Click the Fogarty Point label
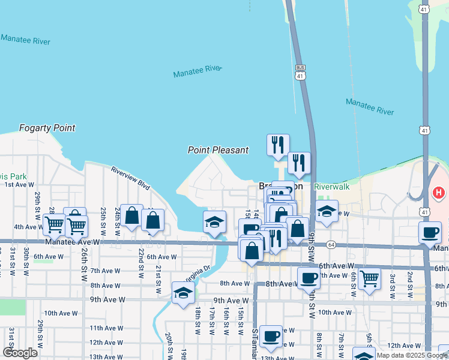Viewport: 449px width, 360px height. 47,128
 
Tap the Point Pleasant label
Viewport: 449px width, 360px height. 218,150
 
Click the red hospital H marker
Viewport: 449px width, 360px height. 439,193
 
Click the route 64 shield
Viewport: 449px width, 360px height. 330,245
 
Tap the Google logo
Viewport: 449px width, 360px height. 20,353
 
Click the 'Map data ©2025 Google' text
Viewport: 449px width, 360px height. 412,355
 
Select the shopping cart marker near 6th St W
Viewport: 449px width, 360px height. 369,278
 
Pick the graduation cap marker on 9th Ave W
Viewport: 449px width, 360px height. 183,292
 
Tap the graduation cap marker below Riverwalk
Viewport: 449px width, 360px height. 327,211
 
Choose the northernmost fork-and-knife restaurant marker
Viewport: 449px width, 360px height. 278,144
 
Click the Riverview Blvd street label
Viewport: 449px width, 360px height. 130,178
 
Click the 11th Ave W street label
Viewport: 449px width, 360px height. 107,328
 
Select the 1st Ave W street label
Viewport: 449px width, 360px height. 18,185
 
